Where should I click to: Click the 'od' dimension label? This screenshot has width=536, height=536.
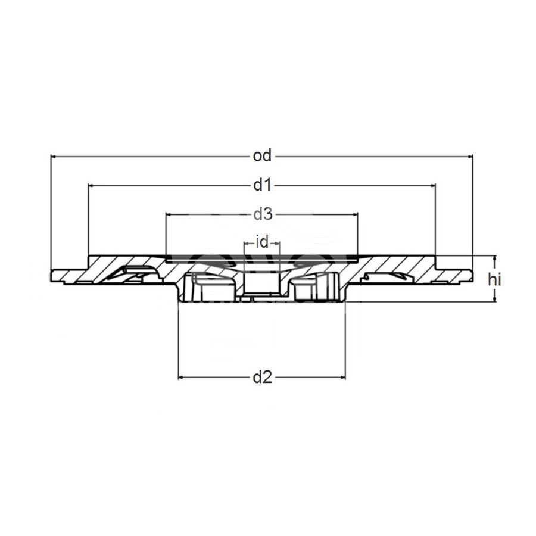pos(262,156)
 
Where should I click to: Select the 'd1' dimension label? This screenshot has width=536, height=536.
pos(262,186)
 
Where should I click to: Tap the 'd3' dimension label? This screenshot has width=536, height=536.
pos(262,213)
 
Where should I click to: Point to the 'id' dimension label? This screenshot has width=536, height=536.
pos(262,242)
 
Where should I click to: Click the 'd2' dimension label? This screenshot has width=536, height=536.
pos(262,377)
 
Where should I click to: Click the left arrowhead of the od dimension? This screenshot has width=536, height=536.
pos(54,156)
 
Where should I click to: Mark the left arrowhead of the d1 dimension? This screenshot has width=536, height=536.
pos(91,186)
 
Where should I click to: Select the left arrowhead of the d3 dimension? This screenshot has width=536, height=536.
pos(169,213)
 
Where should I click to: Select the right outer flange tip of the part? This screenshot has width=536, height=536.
pos(470,276)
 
